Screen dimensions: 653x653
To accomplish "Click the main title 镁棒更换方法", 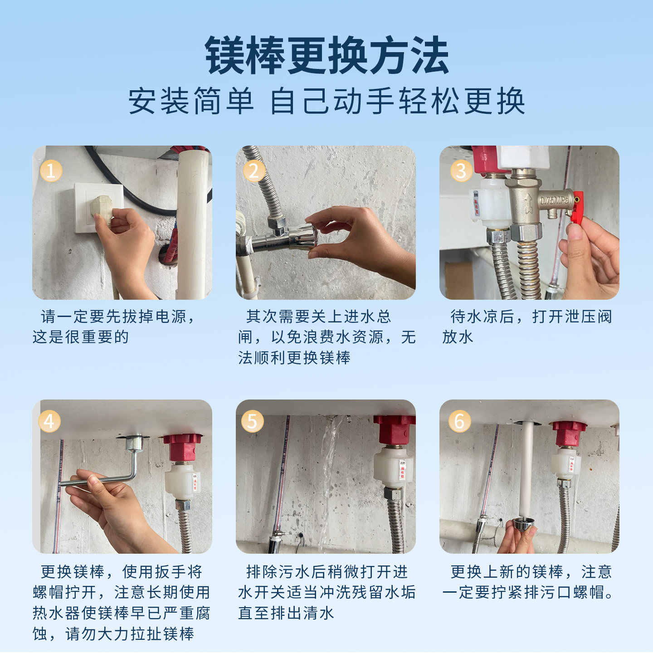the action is [327, 55].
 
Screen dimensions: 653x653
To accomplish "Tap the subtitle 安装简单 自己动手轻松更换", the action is [327, 101].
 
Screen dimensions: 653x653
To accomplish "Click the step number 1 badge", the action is [51, 171].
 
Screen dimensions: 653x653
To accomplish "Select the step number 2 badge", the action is [254, 171].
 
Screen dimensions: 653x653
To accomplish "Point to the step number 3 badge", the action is [461, 171].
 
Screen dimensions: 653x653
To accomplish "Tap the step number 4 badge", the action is [49, 422].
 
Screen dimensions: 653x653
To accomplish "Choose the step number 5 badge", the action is [253, 422].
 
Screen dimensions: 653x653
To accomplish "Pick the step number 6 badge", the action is [459, 422].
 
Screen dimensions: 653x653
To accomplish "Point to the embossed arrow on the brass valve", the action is [528, 203].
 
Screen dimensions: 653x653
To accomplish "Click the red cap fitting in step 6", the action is [569, 434].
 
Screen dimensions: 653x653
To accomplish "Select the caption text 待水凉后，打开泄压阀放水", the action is [527, 327].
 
